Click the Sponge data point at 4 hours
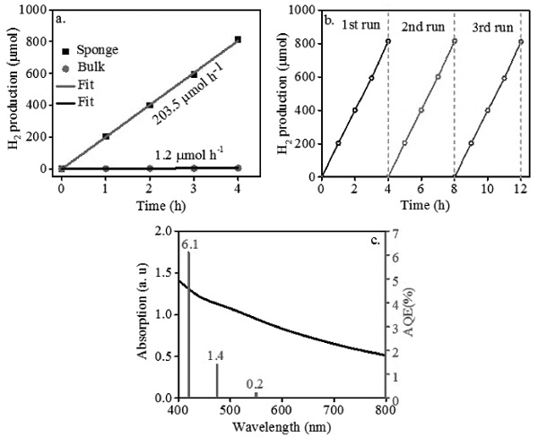coord(237,39)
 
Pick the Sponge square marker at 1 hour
coord(105,136)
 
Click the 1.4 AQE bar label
coord(216,356)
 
